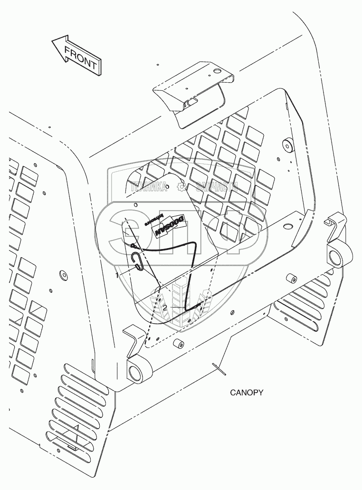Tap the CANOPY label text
(x=246, y=393)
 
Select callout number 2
(x=165, y=307)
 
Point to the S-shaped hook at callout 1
(x=137, y=261)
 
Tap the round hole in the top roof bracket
(x=218, y=72)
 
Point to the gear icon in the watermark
(x=181, y=187)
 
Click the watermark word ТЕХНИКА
(x=148, y=188)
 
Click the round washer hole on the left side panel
(x=62, y=275)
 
